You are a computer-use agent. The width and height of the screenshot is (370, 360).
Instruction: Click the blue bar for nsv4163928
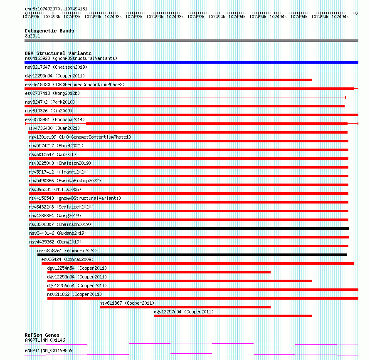pos(191,62)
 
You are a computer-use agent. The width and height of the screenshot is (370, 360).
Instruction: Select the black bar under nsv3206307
pos(189,228)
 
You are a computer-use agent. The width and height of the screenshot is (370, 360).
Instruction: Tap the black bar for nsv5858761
pos(192,255)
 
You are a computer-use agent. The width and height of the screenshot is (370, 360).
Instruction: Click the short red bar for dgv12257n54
pos(233,316)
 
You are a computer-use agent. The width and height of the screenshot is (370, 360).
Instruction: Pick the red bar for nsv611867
pos(185,307)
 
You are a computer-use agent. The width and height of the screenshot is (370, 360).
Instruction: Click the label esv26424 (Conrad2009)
pos(67,259)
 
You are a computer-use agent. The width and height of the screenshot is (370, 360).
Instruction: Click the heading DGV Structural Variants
pos(58,53)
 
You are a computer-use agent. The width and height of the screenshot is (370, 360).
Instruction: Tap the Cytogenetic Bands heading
pos(49,31)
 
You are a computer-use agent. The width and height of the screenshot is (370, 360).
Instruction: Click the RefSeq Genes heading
pos(42,335)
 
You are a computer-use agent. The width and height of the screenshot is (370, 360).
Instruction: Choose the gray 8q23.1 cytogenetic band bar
pos(191,40)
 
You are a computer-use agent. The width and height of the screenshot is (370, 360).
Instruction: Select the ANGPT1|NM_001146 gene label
pos(45,340)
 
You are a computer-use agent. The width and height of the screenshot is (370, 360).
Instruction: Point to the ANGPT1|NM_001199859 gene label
pos(49,350)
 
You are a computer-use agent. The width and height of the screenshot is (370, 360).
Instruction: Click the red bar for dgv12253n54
pos(168,80)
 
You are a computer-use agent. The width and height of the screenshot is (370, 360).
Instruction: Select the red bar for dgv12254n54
pos(159,272)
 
